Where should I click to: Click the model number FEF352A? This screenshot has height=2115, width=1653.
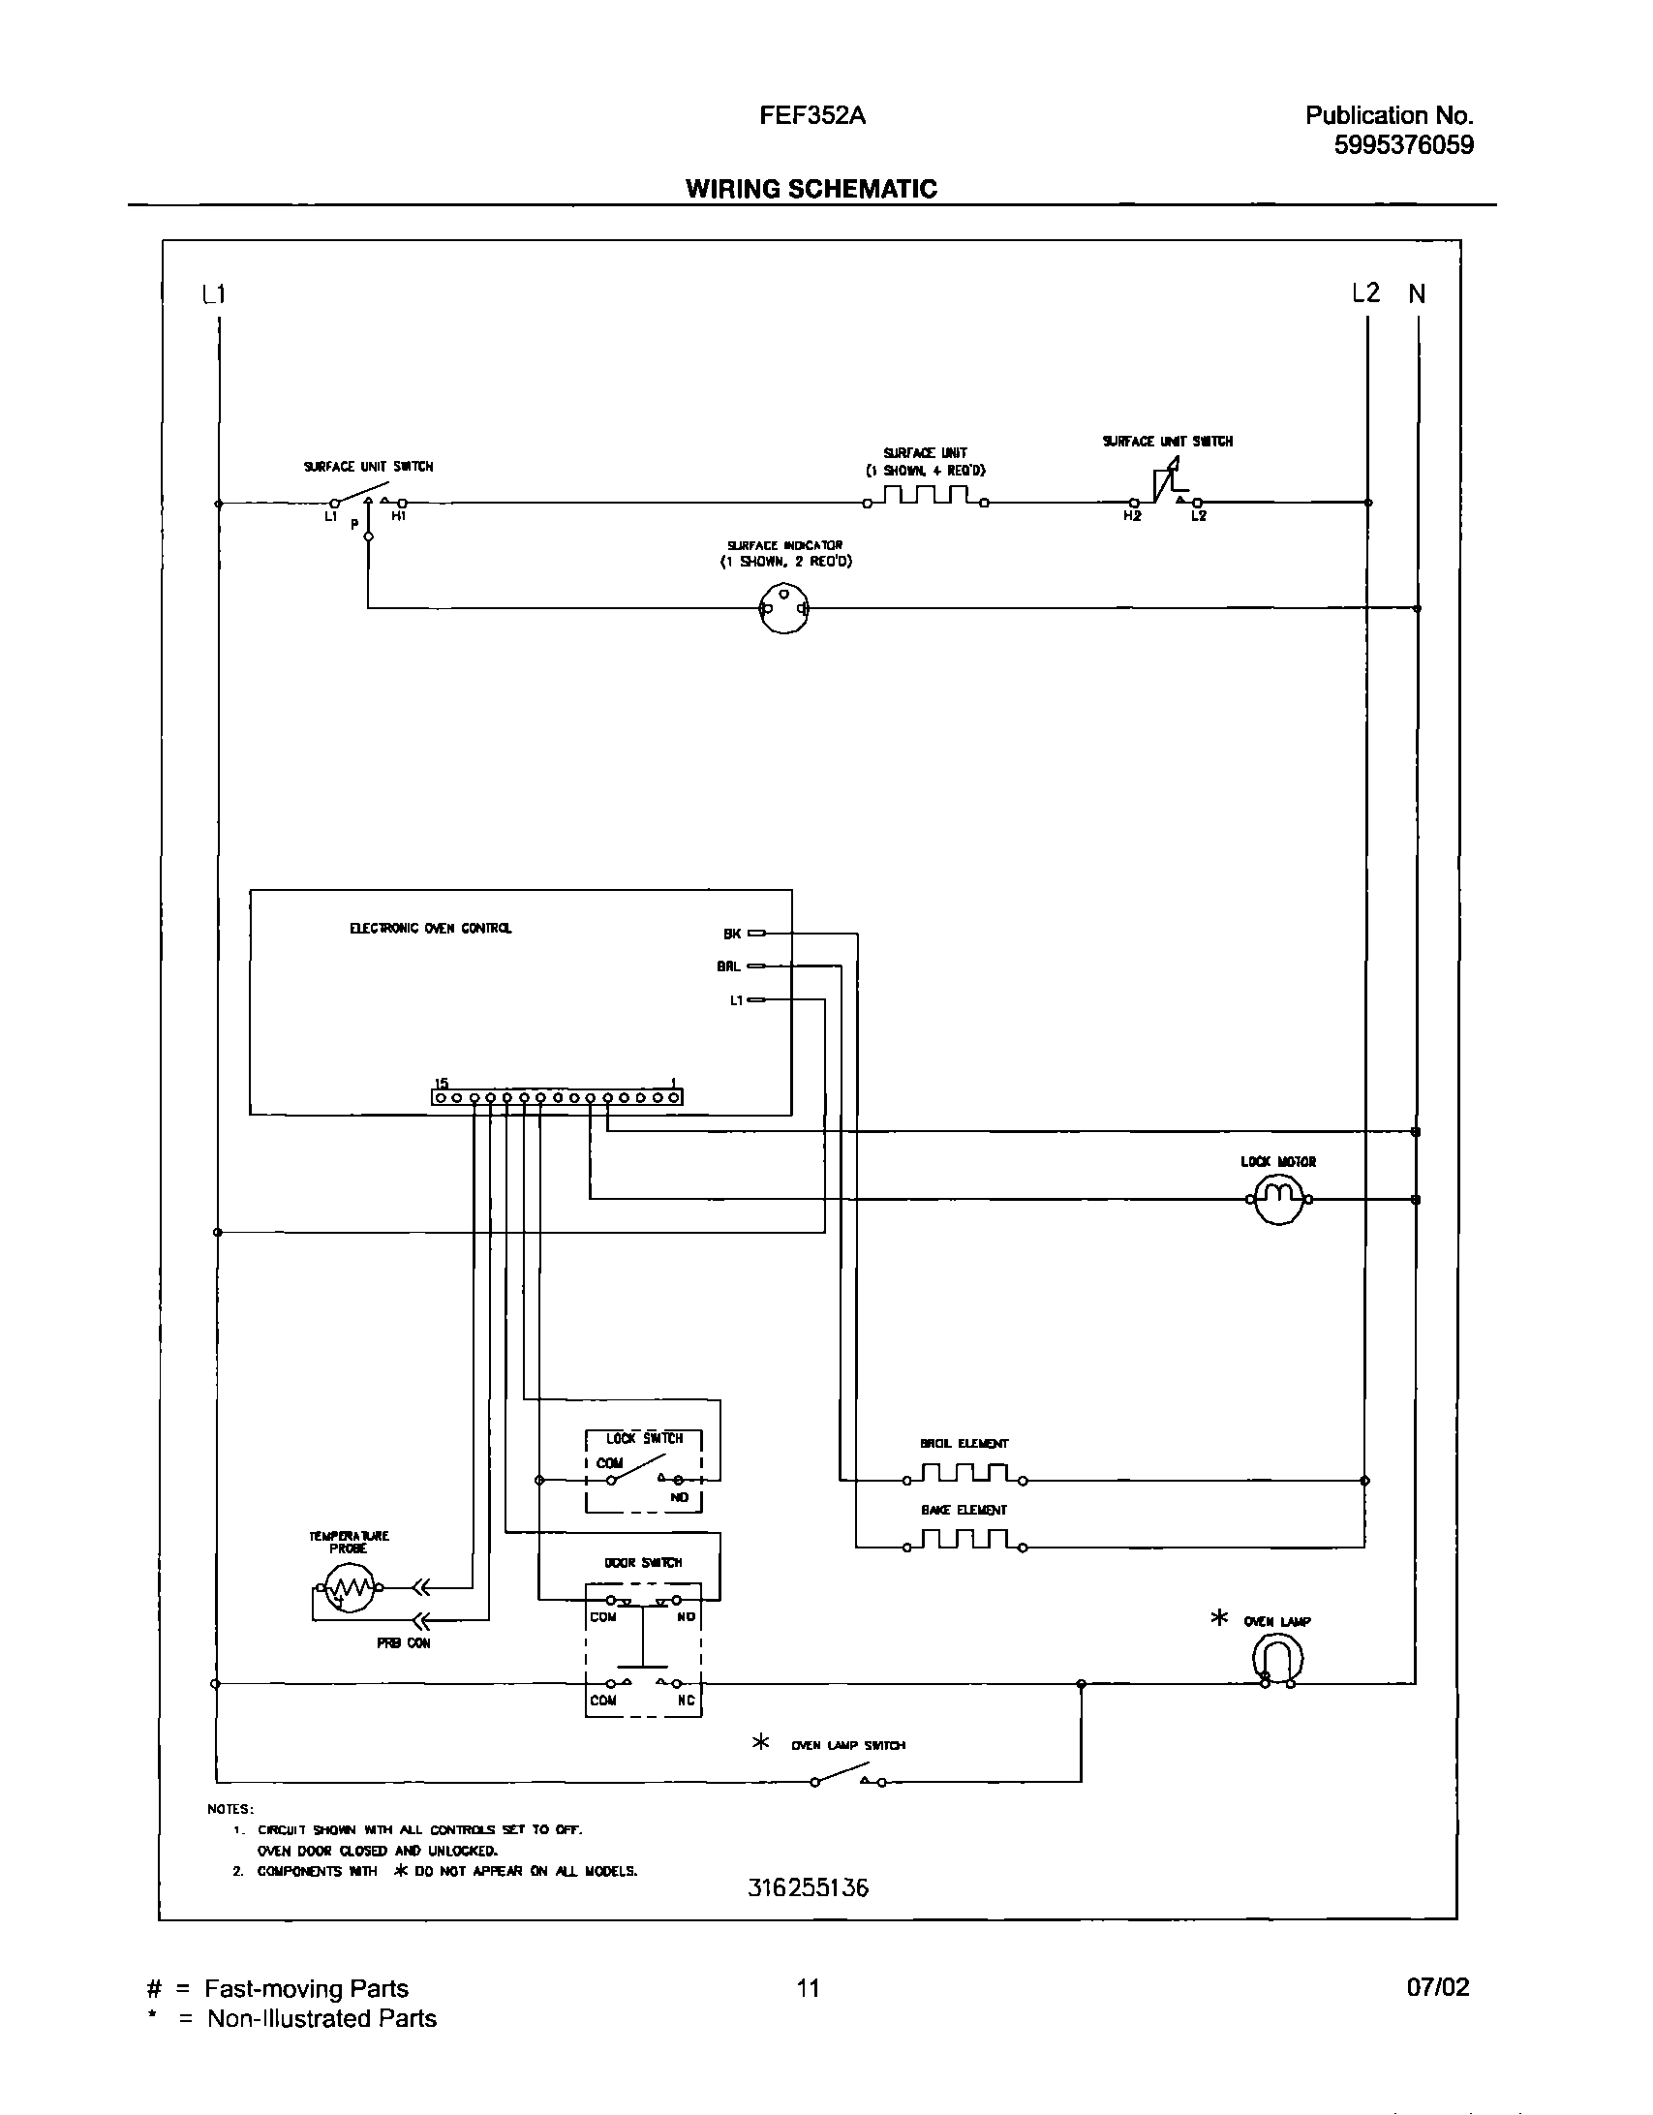811,116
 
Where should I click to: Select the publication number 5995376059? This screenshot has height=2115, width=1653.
1403,145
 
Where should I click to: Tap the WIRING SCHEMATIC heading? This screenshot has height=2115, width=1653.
811,189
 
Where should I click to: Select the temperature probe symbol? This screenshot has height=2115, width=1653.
348,1588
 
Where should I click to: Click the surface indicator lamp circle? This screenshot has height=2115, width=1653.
783,609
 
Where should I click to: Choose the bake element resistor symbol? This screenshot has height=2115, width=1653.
964,1542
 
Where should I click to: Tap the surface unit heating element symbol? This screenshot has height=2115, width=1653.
926,498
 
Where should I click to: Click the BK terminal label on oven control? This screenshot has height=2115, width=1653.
732,934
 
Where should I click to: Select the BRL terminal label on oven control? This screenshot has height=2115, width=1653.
728,966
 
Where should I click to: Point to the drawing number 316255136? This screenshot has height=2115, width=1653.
808,1915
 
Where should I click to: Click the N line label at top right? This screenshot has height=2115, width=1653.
1417,294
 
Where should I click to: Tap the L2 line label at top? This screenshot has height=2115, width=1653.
1365,293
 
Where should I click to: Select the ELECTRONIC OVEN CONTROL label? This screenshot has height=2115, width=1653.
431,929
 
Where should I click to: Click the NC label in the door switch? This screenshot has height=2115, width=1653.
686,1701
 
